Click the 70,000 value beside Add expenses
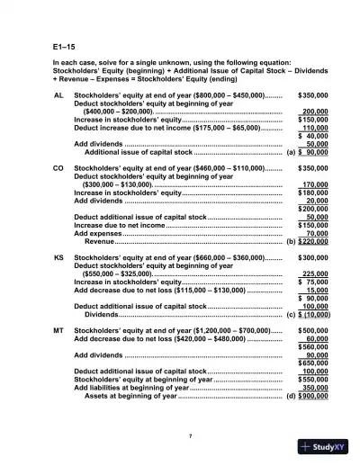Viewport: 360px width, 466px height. pyautogui.click(x=315, y=233)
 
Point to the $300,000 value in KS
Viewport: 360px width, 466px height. pyautogui.click(x=311, y=256)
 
